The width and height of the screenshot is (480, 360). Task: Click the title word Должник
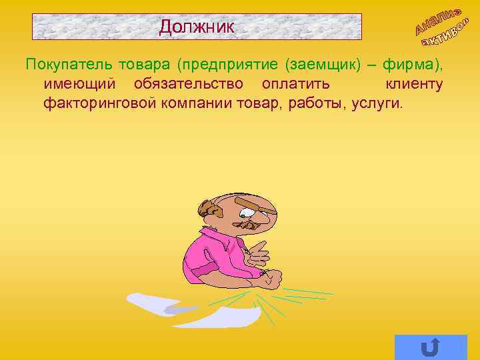pyautogui.click(x=197, y=27)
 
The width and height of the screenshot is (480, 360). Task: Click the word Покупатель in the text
pyautogui.click(x=69, y=65)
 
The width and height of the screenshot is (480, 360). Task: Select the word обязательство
pyautogui.click(x=191, y=85)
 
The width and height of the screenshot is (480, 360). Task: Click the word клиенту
pyautogui.click(x=414, y=85)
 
